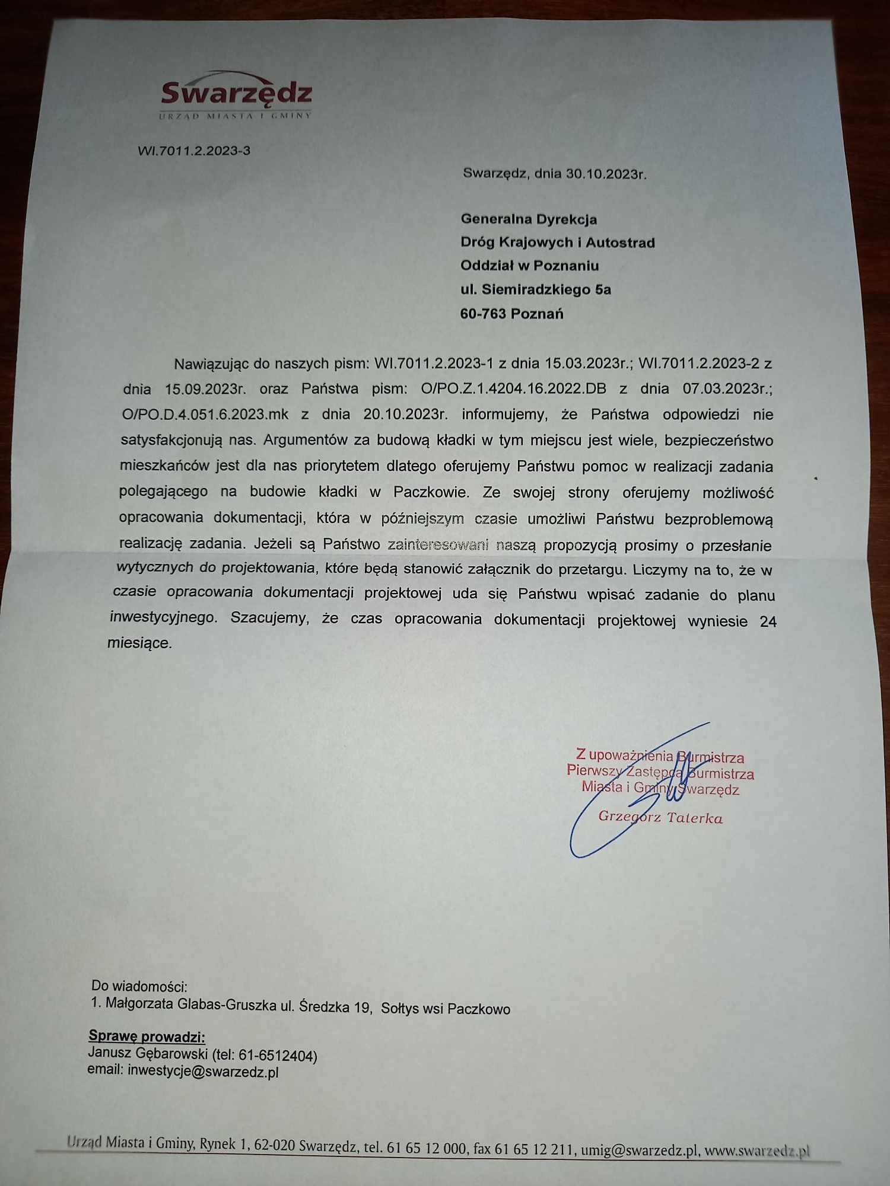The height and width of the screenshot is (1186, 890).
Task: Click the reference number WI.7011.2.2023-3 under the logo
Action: pyautogui.click(x=194, y=151)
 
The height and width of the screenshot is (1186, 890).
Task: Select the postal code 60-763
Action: pyautogui.click(x=483, y=314)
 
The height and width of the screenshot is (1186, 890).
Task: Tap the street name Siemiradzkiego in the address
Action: pyautogui.click(x=529, y=290)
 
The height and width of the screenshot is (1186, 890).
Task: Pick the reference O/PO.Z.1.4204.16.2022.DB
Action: pyautogui.click(x=513, y=389)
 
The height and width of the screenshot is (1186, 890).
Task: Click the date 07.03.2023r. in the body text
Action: pyautogui.click(x=727, y=389)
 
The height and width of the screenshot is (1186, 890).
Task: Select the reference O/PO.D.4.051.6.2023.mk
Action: pyautogui.click(x=205, y=414)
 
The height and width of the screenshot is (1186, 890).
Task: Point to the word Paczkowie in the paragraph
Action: pyautogui.click(x=431, y=492)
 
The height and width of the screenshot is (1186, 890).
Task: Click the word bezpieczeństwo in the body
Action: pyautogui.click(x=719, y=441)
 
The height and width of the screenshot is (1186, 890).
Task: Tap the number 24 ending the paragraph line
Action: pyautogui.click(x=768, y=621)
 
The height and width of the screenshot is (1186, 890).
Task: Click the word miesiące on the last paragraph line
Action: pyautogui.click(x=139, y=643)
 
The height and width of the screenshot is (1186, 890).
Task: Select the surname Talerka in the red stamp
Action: pyautogui.click(x=694, y=818)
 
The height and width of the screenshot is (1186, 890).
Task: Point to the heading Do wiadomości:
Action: pyautogui.click(x=139, y=986)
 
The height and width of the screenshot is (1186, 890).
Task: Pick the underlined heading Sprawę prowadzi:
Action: pyautogui.click(x=147, y=1037)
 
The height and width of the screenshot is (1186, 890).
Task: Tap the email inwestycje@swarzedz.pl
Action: pyautogui.click(x=203, y=1072)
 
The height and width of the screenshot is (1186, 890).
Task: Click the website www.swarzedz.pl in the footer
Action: pyautogui.click(x=757, y=1150)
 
